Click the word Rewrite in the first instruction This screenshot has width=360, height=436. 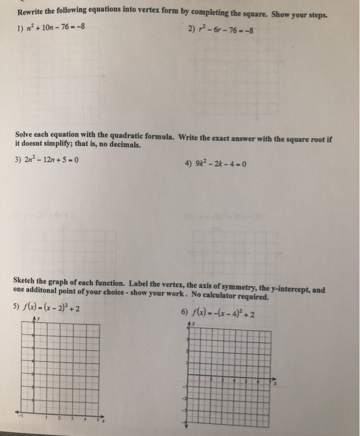[32, 13]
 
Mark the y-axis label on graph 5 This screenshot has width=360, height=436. [37, 318]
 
